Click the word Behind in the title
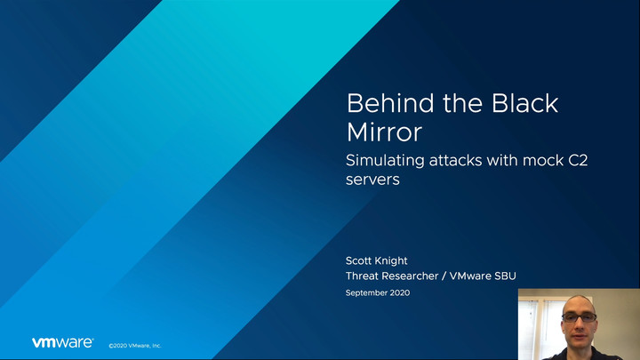(x=390, y=103)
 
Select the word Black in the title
(x=525, y=103)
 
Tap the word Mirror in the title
(x=384, y=132)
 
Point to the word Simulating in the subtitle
(x=385, y=161)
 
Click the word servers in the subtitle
(x=372, y=180)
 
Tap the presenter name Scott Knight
(x=376, y=260)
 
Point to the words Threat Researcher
(x=392, y=276)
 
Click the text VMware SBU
(x=483, y=276)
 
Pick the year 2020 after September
(x=400, y=292)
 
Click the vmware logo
(x=63, y=342)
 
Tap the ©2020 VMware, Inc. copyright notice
(x=135, y=346)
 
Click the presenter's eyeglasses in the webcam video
(x=580, y=317)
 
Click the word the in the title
(x=463, y=103)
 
